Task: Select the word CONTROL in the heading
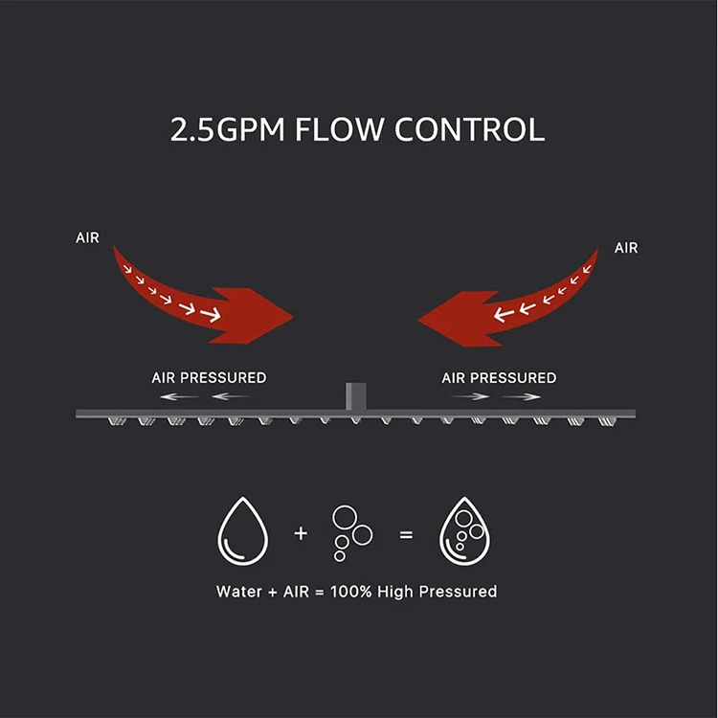click(x=475, y=130)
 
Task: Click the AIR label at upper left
click(x=87, y=237)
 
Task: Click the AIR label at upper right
click(x=626, y=248)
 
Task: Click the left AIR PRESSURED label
click(x=209, y=378)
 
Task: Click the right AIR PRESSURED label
click(x=499, y=378)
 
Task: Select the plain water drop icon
click(x=243, y=532)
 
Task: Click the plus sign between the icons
click(x=301, y=533)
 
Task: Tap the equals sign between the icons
click(x=406, y=534)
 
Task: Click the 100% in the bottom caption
click(x=351, y=592)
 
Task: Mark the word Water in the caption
click(x=237, y=592)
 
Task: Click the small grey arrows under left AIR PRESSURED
click(x=204, y=396)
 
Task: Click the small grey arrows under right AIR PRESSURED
click(x=495, y=396)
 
